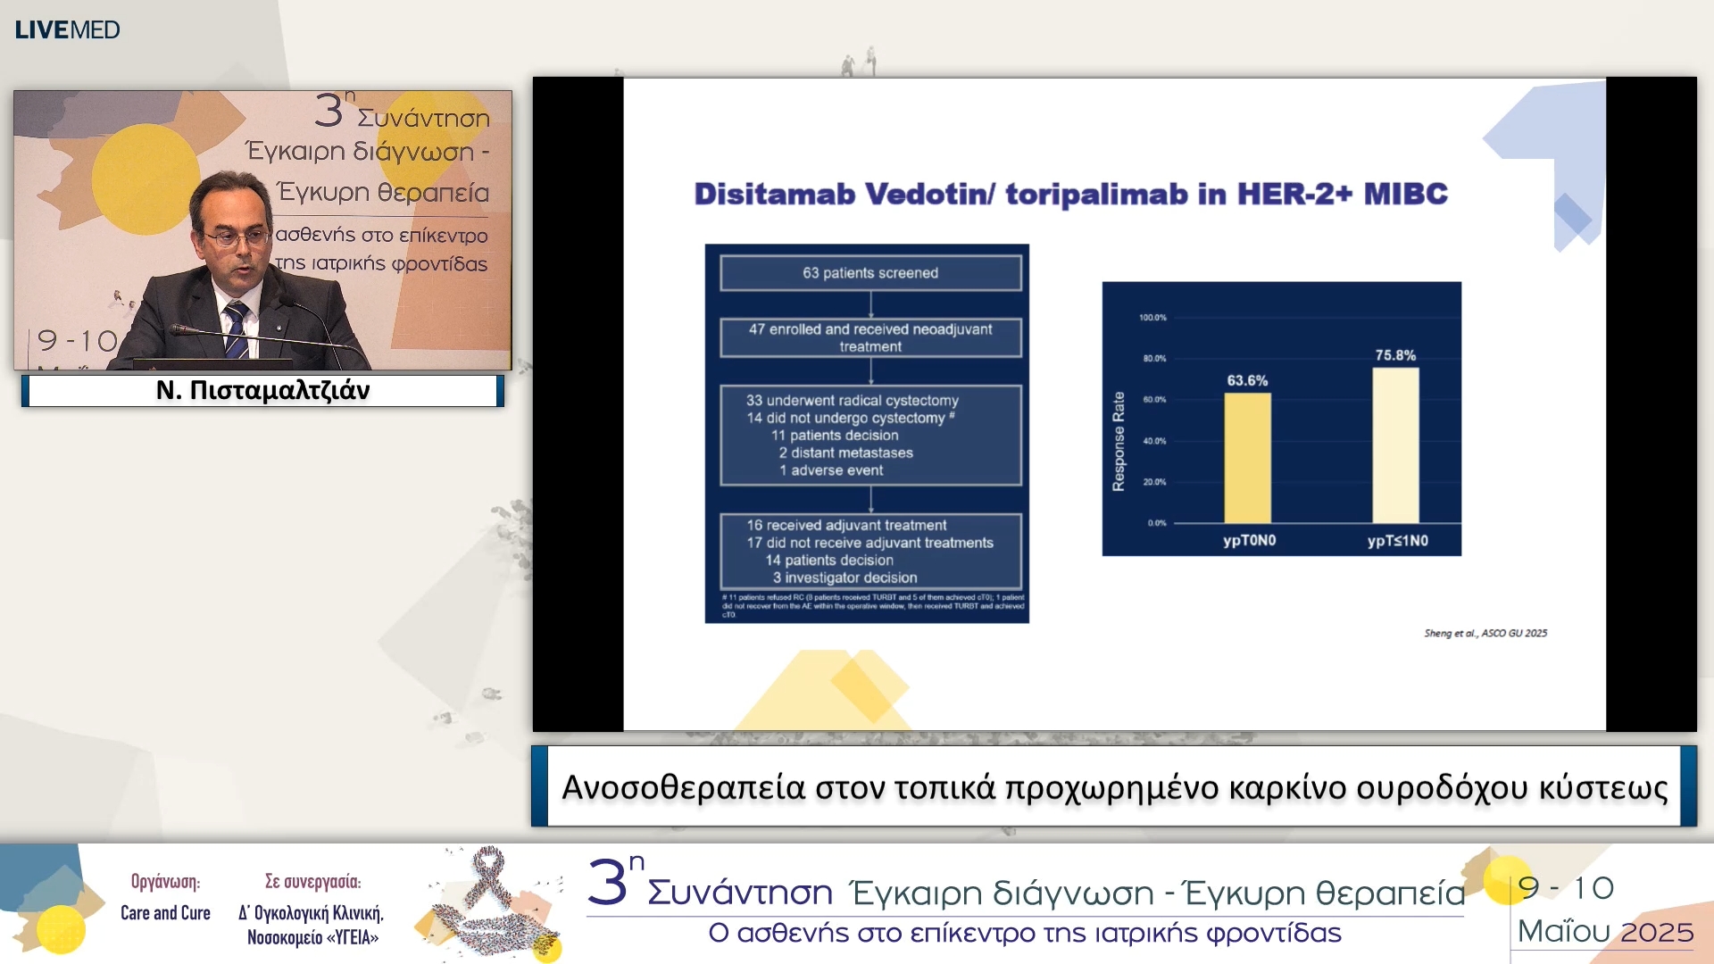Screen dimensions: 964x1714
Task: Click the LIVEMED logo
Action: click(67, 29)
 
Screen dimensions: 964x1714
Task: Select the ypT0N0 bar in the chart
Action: click(1247, 458)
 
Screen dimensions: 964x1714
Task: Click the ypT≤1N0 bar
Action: click(1395, 445)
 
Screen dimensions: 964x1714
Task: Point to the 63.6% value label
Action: click(1247, 380)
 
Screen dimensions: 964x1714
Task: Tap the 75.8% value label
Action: click(1395, 355)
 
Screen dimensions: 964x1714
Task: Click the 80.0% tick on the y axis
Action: click(1153, 359)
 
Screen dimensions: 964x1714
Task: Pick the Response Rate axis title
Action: click(1119, 441)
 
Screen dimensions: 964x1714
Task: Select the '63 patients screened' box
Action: click(870, 273)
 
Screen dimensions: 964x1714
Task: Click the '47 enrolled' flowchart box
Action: click(870, 337)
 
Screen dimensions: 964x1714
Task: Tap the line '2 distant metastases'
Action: click(845, 453)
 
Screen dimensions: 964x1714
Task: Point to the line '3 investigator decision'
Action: click(844, 578)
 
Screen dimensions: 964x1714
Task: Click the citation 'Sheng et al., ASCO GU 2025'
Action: click(1485, 633)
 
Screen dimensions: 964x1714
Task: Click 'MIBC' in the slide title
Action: click(1405, 194)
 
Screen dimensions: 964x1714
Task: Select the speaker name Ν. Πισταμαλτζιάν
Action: click(262, 390)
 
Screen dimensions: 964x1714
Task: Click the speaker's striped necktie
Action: click(237, 330)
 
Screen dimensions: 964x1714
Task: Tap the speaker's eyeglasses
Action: click(234, 238)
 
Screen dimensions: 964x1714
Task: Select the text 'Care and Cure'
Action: click(165, 913)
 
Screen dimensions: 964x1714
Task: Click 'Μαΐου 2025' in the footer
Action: click(1604, 932)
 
